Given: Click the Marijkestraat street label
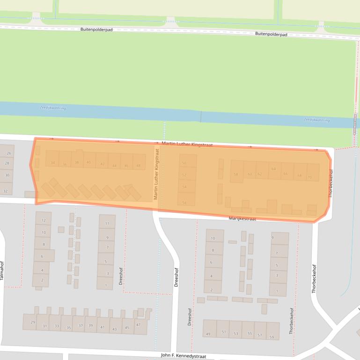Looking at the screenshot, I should [242, 219].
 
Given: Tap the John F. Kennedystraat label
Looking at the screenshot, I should [183, 356].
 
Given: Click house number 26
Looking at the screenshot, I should [8, 153].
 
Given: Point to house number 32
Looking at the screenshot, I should [6, 191].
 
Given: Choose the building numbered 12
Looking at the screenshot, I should [44, 220].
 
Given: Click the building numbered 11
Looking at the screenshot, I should [107, 223].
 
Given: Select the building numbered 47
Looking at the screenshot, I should [139, 325].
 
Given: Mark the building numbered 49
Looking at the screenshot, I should [208, 333].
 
